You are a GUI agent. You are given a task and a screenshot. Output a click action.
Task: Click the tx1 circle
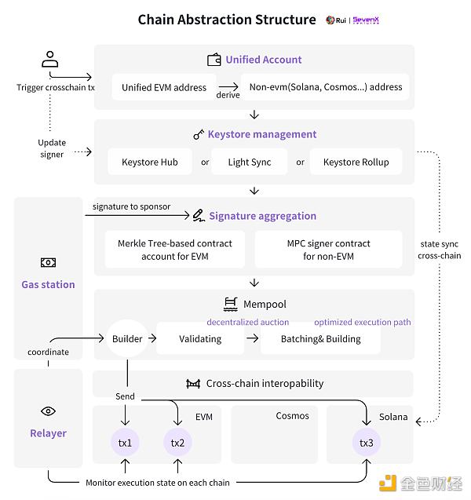125,443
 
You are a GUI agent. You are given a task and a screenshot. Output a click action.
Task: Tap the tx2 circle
177,443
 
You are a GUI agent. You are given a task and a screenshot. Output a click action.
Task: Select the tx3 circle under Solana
367,443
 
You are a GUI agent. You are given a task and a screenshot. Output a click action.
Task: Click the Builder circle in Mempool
127,338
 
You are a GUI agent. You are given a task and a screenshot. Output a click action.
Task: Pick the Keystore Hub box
150,162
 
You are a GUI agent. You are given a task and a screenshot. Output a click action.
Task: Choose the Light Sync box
250,162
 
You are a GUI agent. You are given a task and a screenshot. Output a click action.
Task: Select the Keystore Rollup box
356,162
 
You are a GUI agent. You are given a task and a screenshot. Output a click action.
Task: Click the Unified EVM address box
164,87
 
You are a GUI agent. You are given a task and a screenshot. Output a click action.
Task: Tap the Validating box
200,338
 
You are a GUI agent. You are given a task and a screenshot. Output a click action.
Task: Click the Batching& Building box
320,338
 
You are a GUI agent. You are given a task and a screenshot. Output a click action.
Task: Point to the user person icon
49,59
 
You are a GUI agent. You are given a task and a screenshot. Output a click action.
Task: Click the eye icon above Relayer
48,411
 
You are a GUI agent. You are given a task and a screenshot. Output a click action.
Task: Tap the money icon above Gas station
48,262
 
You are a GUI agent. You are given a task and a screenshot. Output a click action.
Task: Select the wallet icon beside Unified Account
214,60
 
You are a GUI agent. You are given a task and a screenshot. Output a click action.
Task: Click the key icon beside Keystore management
199,134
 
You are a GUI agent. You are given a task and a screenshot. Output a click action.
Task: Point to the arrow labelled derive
228,86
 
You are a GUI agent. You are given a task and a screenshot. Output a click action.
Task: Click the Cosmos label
293,415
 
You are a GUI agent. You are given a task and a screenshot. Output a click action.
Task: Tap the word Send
125,396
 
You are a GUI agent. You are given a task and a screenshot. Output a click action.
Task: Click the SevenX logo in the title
366,20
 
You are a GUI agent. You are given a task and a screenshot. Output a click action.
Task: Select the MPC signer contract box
328,250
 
